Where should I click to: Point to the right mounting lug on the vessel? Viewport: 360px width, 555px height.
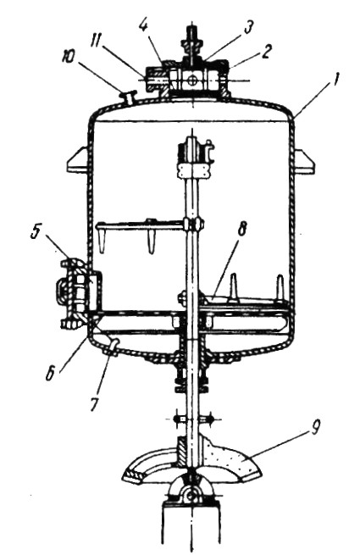pyautogui.click(x=304, y=162)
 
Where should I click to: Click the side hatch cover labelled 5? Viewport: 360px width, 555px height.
pyautogui.click(x=73, y=291)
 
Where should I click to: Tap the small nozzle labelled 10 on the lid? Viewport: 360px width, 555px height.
pyautogui.click(x=129, y=97)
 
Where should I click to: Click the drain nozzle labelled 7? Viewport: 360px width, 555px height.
pyautogui.click(x=113, y=347)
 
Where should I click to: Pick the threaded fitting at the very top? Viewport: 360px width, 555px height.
pyautogui.click(x=191, y=41)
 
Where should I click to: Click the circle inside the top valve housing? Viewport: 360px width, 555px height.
pyautogui.click(x=192, y=80)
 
